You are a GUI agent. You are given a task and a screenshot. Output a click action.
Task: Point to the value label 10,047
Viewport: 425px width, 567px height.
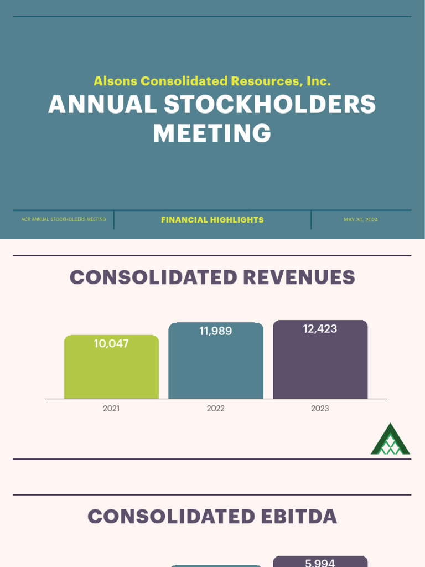[111, 344]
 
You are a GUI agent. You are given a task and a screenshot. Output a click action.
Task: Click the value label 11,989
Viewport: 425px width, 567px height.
[216, 332]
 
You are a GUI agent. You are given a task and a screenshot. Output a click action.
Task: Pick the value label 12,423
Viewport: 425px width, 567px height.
[320, 329]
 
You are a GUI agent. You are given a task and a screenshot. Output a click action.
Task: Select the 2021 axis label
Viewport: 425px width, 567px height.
[111, 409]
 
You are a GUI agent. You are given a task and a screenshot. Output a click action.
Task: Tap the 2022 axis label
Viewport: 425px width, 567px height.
[216, 409]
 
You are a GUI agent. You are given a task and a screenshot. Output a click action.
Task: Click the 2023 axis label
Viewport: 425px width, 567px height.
[320, 409]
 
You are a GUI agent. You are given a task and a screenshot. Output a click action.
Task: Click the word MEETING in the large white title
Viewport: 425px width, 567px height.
[212, 133]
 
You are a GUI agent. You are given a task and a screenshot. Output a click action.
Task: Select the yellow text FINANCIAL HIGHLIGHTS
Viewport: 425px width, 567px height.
[212, 220]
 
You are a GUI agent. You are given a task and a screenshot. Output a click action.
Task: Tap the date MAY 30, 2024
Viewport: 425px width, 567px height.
[361, 220]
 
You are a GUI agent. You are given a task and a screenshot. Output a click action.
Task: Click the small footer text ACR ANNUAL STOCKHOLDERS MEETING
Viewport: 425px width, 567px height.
[64, 220]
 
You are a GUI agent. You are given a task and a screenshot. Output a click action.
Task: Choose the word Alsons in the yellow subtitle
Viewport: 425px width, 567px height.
[115, 81]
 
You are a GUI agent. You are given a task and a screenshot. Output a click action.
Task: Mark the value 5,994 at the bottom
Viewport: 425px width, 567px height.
[320, 563]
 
